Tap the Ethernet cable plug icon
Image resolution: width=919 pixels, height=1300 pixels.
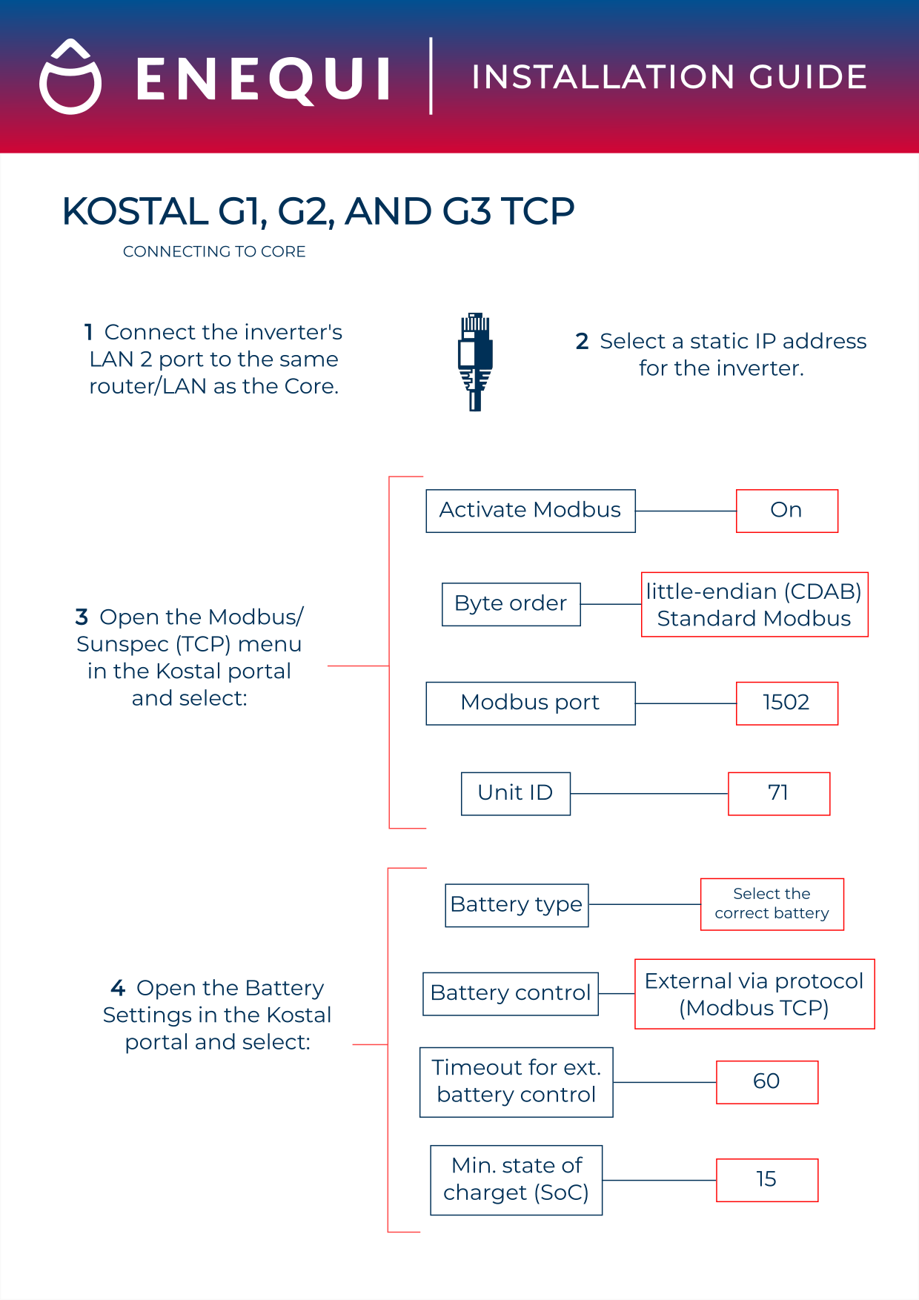(x=475, y=362)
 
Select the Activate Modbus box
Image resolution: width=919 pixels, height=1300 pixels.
(x=530, y=511)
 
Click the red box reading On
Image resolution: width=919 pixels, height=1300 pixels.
(x=786, y=511)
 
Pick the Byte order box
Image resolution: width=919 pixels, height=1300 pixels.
(x=511, y=604)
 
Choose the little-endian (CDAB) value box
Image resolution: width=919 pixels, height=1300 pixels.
(x=754, y=604)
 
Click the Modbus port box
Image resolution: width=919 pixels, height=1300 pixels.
(x=530, y=703)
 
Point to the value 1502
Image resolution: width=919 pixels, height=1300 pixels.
(x=786, y=703)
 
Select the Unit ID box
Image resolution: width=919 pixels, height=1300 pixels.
(x=515, y=793)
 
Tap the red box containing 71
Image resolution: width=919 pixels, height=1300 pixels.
(x=778, y=793)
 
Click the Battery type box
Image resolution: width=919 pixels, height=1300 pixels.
(x=517, y=905)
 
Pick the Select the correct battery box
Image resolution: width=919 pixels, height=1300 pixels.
(x=772, y=904)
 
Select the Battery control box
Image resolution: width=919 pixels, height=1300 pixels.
(x=510, y=993)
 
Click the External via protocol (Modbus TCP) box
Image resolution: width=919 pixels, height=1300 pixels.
(x=754, y=994)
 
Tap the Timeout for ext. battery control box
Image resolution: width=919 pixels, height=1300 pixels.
(x=516, y=1081)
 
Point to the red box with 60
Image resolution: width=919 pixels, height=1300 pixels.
(x=766, y=1081)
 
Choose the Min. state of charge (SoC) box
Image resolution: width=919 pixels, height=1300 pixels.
(x=516, y=1179)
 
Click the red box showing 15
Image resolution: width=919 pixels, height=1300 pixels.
(x=766, y=1179)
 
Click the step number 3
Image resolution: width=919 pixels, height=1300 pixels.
(x=82, y=617)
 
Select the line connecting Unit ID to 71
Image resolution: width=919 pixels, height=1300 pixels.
(x=648, y=794)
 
